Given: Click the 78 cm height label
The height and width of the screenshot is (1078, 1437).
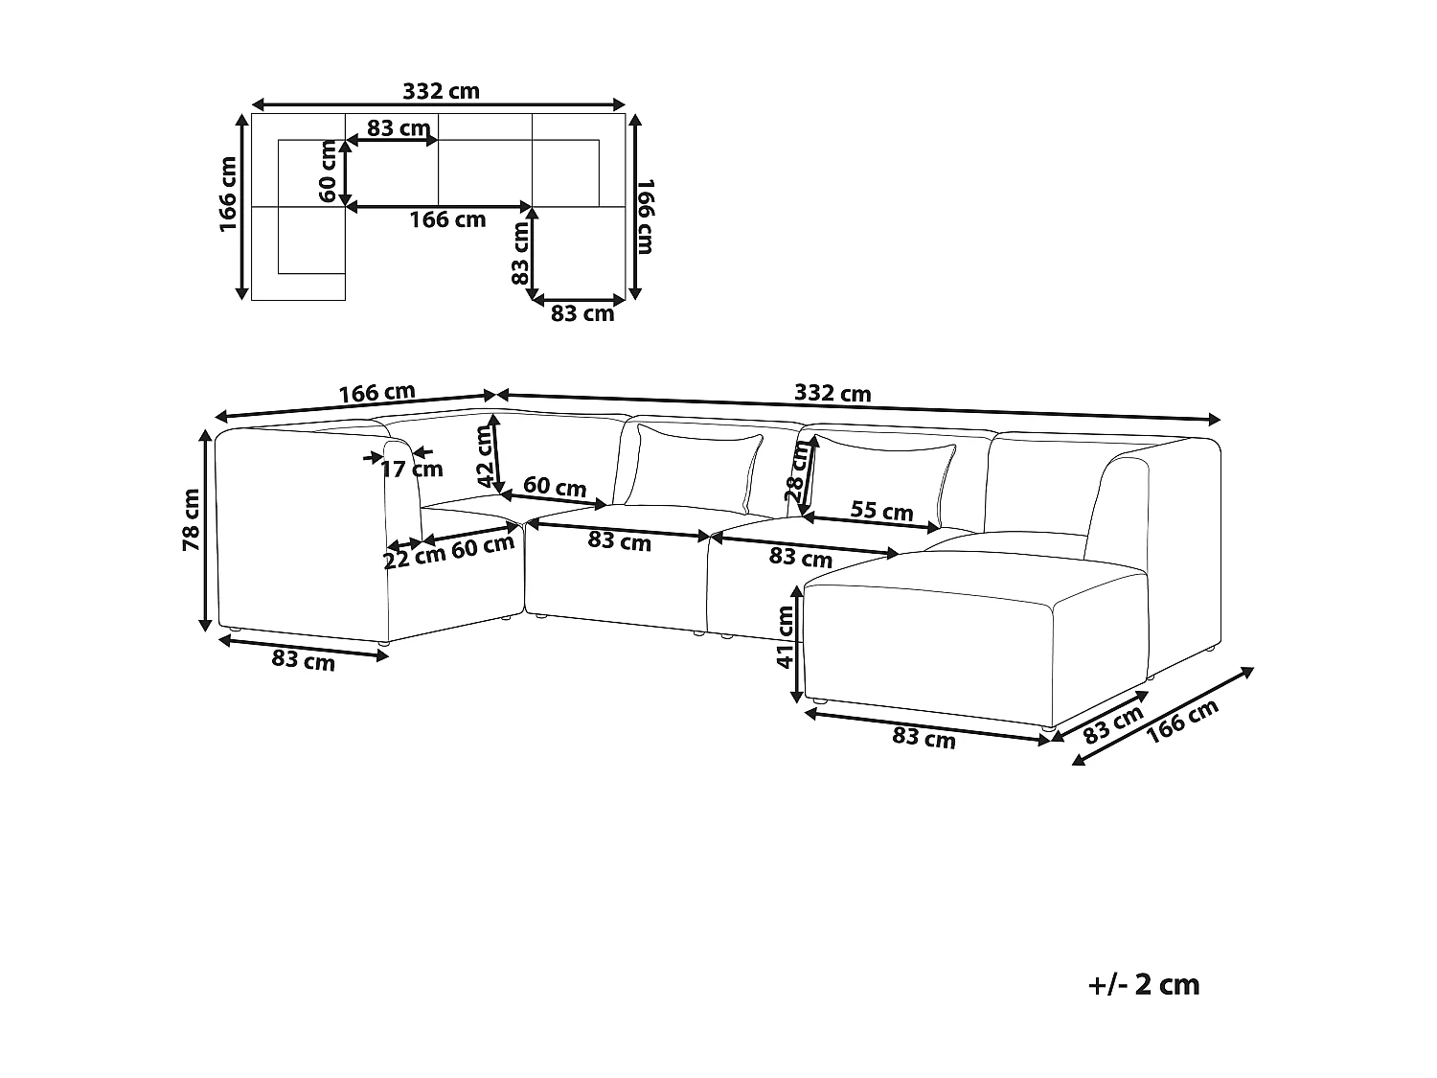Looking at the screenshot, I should pyautogui.click(x=191, y=519).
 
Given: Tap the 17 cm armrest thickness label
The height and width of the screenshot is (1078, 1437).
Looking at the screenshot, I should pyautogui.click(x=412, y=469).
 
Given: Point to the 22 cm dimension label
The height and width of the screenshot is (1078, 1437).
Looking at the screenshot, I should pyautogui.click(x=414, y=557).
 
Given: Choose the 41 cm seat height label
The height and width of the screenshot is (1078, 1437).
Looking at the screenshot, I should pyautogui.click(x=786, y=644).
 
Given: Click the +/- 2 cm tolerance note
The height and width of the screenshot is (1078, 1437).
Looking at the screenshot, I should pyautogui.click(x=1144, y=984).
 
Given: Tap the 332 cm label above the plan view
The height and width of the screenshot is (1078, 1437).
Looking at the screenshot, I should pyautogui.click(x=441, y=91).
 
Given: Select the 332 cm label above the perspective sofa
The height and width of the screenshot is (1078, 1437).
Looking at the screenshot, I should pyautogui.click(x=833, y=393).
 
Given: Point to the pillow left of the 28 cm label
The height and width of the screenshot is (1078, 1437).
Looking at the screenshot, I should pyautogui.click(x=696, y=468).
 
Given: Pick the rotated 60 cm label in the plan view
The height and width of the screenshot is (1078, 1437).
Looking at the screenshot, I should pyautogui.click(x=329, y=172).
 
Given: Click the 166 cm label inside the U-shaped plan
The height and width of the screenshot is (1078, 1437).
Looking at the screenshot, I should pyautogui.click(x=447, y=219).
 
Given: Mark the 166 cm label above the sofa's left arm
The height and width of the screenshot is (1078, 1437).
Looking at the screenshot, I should pyautogui.click(x=376, y=393).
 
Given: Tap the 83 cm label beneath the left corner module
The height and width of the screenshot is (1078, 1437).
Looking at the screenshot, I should pyautogui.click(x=304, y=660).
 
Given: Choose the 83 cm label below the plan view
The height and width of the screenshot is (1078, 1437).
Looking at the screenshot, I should pyautogui.click(x=582, y=313).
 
